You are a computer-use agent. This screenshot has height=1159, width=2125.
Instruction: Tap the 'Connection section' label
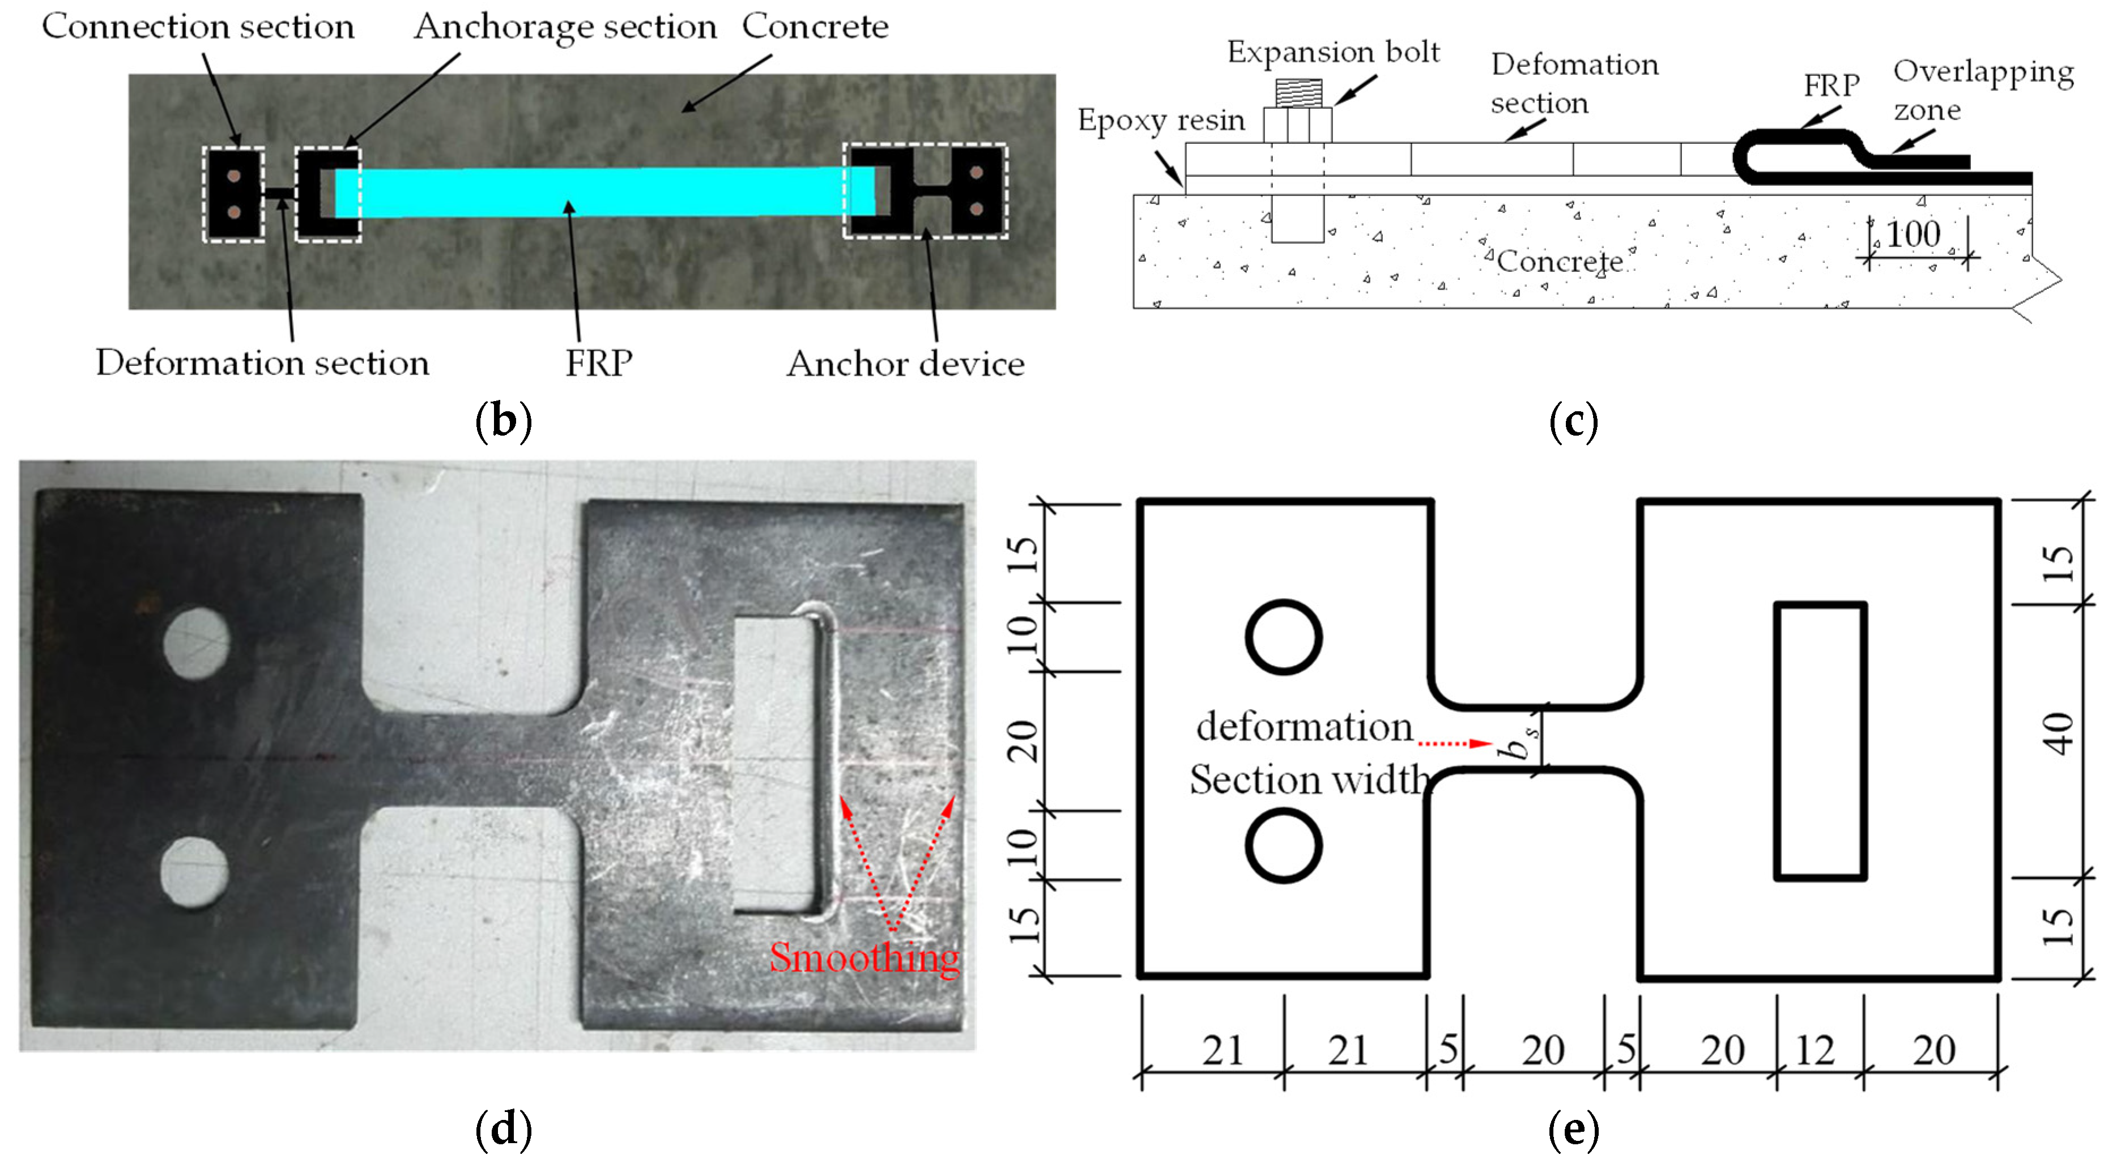click(x=198, y=27)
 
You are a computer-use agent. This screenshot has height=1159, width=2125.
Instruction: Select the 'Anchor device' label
click(x=905, y=364)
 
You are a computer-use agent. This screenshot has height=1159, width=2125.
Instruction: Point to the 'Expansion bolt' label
click(x=1333, y=52)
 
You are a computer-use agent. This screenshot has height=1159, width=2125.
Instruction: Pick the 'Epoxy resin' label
click(x=1161, y=121)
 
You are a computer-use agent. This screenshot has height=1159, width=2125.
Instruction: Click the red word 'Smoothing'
click(x=864, y=957)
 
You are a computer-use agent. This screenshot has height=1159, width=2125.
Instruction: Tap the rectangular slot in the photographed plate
click(x=776, y=764)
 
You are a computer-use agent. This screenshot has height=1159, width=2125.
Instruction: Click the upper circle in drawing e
click(x=1284, y=637)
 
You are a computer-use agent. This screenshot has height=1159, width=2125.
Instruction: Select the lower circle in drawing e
click(x=1284, y=846)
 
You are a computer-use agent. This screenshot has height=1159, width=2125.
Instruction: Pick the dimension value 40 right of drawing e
click(x=2058, y=734)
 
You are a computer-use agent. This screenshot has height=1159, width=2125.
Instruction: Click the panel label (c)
click(x=1573, y=421)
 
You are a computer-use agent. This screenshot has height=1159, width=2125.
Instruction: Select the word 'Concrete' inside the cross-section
click(x=1559, y=262)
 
